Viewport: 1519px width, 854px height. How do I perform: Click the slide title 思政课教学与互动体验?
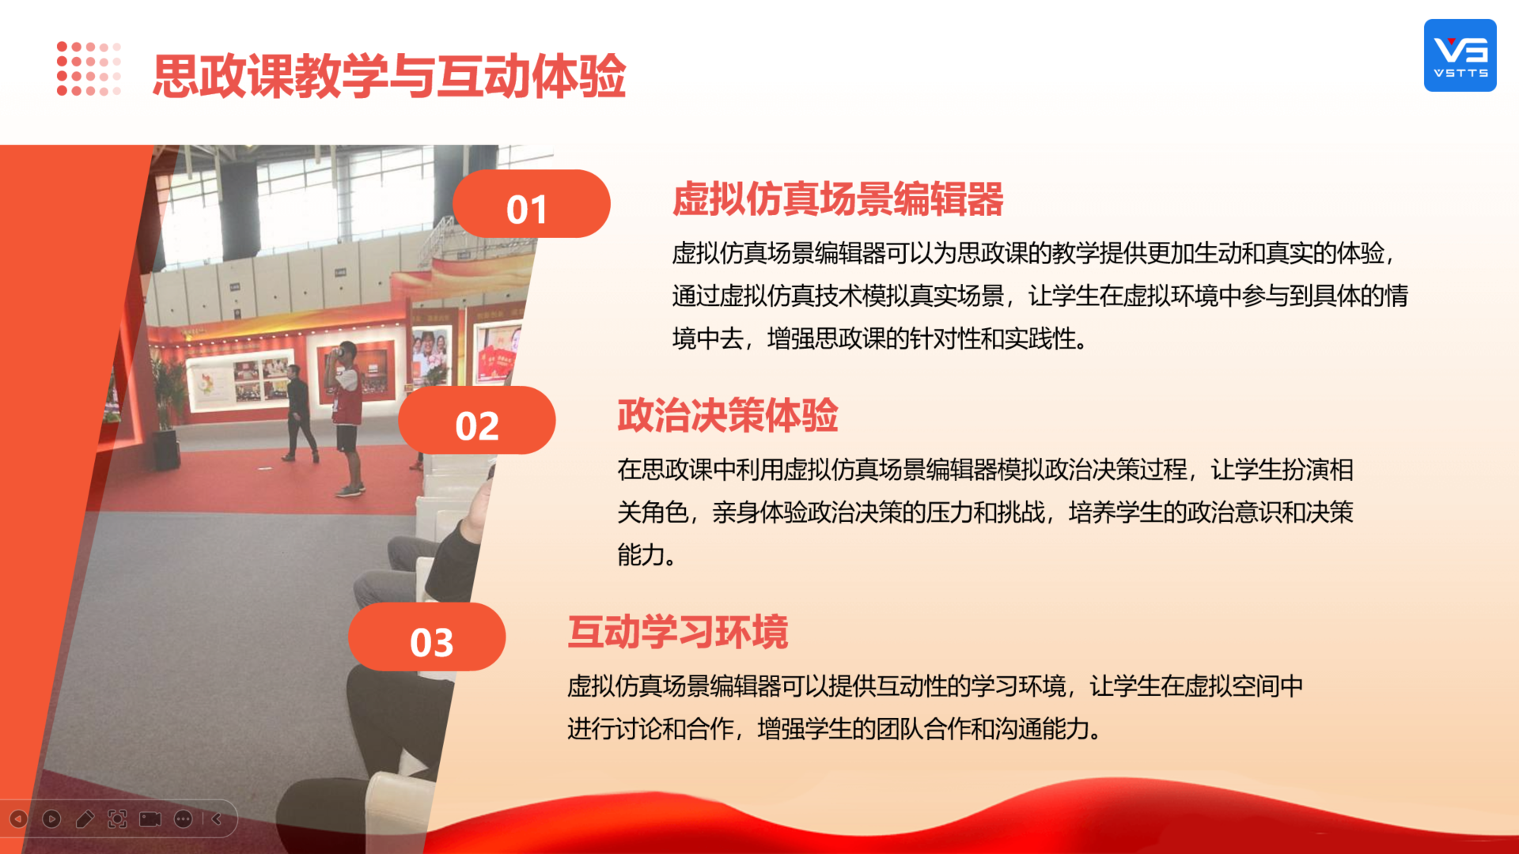click(389, 77)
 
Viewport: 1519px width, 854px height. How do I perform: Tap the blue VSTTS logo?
click(1460, 55)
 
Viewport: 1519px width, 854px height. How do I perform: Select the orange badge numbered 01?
click(531, 204)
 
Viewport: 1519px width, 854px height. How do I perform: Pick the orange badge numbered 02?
click(477, 420)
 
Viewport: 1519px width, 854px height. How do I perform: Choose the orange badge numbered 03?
click(427, 637)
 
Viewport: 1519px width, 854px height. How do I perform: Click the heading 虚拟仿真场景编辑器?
click(838, 198)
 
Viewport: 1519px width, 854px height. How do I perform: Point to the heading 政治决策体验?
click(728, 415)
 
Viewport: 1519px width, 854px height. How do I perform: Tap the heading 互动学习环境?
click(678, 632)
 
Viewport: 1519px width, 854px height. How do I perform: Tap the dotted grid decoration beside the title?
click(89, 69)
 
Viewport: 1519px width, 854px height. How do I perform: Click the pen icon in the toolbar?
click(85, 819)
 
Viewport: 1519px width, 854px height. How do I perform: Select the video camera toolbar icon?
click(150, 819)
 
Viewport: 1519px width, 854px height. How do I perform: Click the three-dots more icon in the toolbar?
click(184, 819)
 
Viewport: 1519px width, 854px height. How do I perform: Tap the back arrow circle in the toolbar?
click(18, 819)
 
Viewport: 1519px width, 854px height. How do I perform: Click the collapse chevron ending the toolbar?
click(216, 819)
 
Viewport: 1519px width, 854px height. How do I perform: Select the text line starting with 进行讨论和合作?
click(835, 728)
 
